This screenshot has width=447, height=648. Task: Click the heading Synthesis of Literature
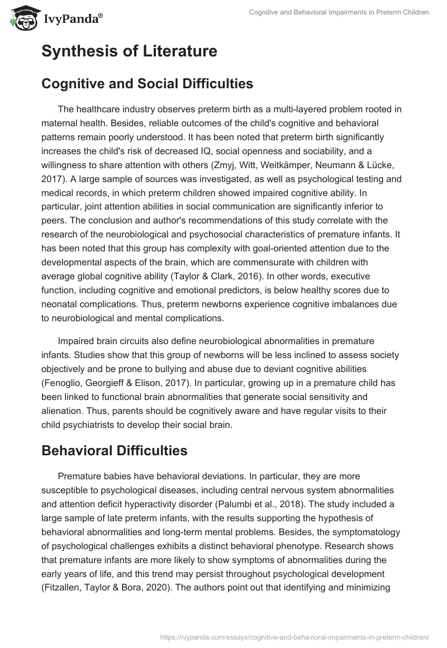[x=129, y=52]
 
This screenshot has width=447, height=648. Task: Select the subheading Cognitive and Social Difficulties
[x=147, y=84]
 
